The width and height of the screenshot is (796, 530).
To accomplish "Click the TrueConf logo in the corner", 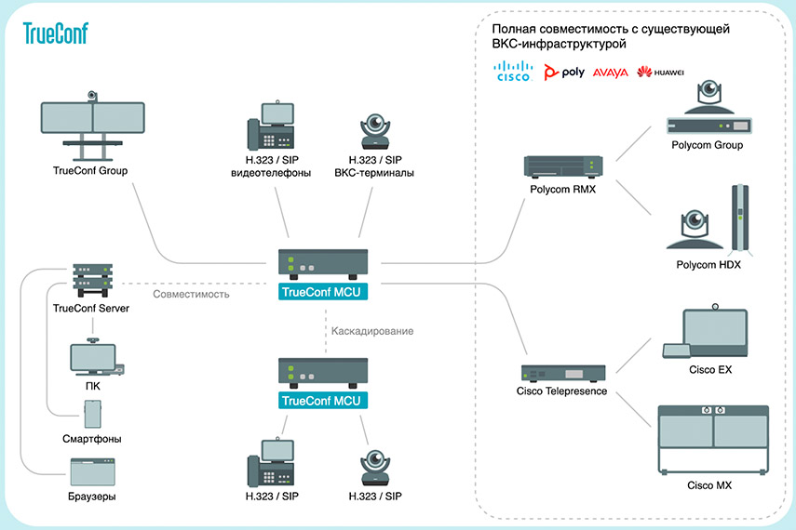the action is tap(55, 33).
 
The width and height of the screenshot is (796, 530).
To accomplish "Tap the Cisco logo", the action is tap(513, 71).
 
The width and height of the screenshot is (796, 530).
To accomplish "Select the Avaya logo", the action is tap(610, 73).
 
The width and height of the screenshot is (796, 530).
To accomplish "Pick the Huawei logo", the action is tap(660, 72).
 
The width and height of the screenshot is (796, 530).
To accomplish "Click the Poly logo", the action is tap(564, 72).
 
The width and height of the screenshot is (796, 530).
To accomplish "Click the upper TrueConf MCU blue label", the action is tap(322, 292).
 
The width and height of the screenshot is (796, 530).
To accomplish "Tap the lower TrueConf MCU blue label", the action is tap(322, 401).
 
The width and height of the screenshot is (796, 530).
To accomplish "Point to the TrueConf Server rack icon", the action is tap(92, 280).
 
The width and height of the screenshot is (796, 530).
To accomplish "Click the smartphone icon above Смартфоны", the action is tap(92, 414).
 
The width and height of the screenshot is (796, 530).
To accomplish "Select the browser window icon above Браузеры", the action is tap(92, 471).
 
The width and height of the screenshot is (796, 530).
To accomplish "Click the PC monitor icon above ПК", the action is tap(97, 357).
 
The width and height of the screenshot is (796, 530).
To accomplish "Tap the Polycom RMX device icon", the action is tap(563, 166).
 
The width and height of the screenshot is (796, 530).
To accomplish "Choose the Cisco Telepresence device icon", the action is tap(563, 373).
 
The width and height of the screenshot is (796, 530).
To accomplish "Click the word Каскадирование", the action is tap(372, 331).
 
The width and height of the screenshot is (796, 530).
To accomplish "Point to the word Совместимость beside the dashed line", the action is tap(191, 294).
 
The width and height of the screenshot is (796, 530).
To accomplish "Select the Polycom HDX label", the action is tap(708, 265).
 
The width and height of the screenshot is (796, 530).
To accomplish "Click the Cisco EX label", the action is tap(710, 370).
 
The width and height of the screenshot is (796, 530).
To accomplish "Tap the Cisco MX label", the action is tap(709, 485).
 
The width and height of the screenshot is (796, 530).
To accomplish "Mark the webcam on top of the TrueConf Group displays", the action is tap(92, 96).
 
